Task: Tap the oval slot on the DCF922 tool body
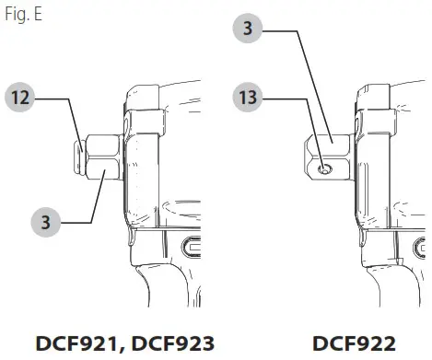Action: [418, 246]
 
